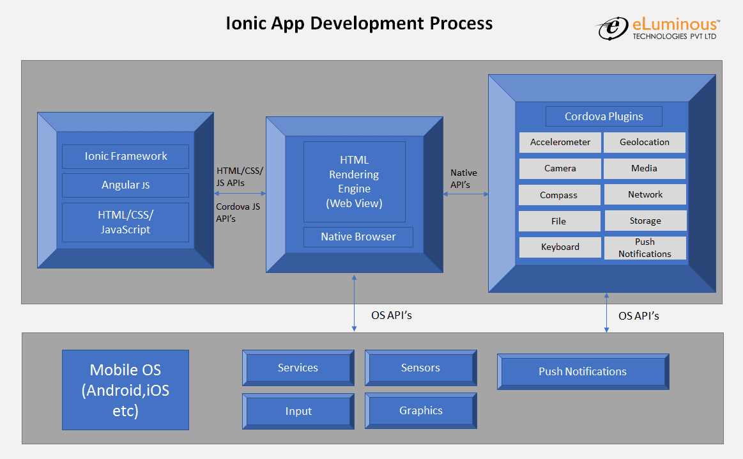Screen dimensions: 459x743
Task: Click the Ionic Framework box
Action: pos(125,156)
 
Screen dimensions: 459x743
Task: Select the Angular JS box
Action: pos(125,185)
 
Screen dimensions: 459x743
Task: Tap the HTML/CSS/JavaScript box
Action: pos(125,222)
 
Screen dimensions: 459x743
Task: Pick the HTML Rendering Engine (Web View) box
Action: pos(354,182)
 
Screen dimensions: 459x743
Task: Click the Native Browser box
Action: pos(358,237)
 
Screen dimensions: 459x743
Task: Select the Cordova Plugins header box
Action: pos(604,116)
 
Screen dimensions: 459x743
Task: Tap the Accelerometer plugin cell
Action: pos(560,142)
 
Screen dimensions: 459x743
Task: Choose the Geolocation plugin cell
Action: pos(645,142)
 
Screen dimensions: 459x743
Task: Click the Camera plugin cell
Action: pos(560,168)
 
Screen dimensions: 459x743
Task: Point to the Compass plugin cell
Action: pos(559,195)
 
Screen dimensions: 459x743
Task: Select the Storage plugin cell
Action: pos(645,221)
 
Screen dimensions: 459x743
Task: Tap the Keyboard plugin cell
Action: pos(560,247)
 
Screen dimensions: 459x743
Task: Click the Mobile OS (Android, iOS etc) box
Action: pos(125,389)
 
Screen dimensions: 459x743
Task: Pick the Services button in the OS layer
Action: pos(298,368)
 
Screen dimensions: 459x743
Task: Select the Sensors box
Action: pos(420,368)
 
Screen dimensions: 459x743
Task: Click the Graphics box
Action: pos(420,410)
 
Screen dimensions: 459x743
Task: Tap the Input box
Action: pos(298,410)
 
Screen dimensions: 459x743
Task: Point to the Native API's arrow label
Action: pos(463,178)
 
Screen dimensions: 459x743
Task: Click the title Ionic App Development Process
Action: pos(359,24)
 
